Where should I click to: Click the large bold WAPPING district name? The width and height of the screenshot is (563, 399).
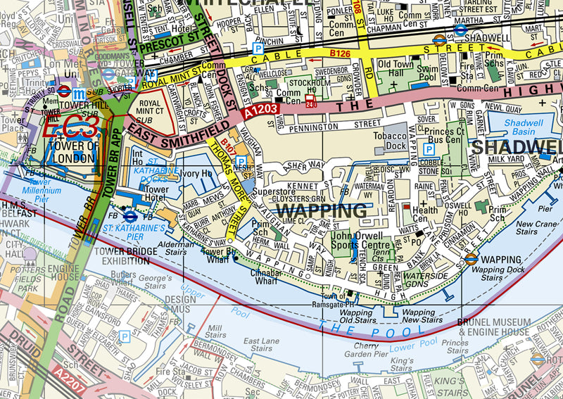322,210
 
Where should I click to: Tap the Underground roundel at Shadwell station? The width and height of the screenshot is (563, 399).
441,40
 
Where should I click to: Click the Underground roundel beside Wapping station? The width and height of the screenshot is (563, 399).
471,259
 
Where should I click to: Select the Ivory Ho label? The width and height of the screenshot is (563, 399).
196,173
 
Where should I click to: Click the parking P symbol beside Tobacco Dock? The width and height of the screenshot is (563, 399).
429,149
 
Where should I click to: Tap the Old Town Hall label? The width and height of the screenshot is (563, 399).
396,69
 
